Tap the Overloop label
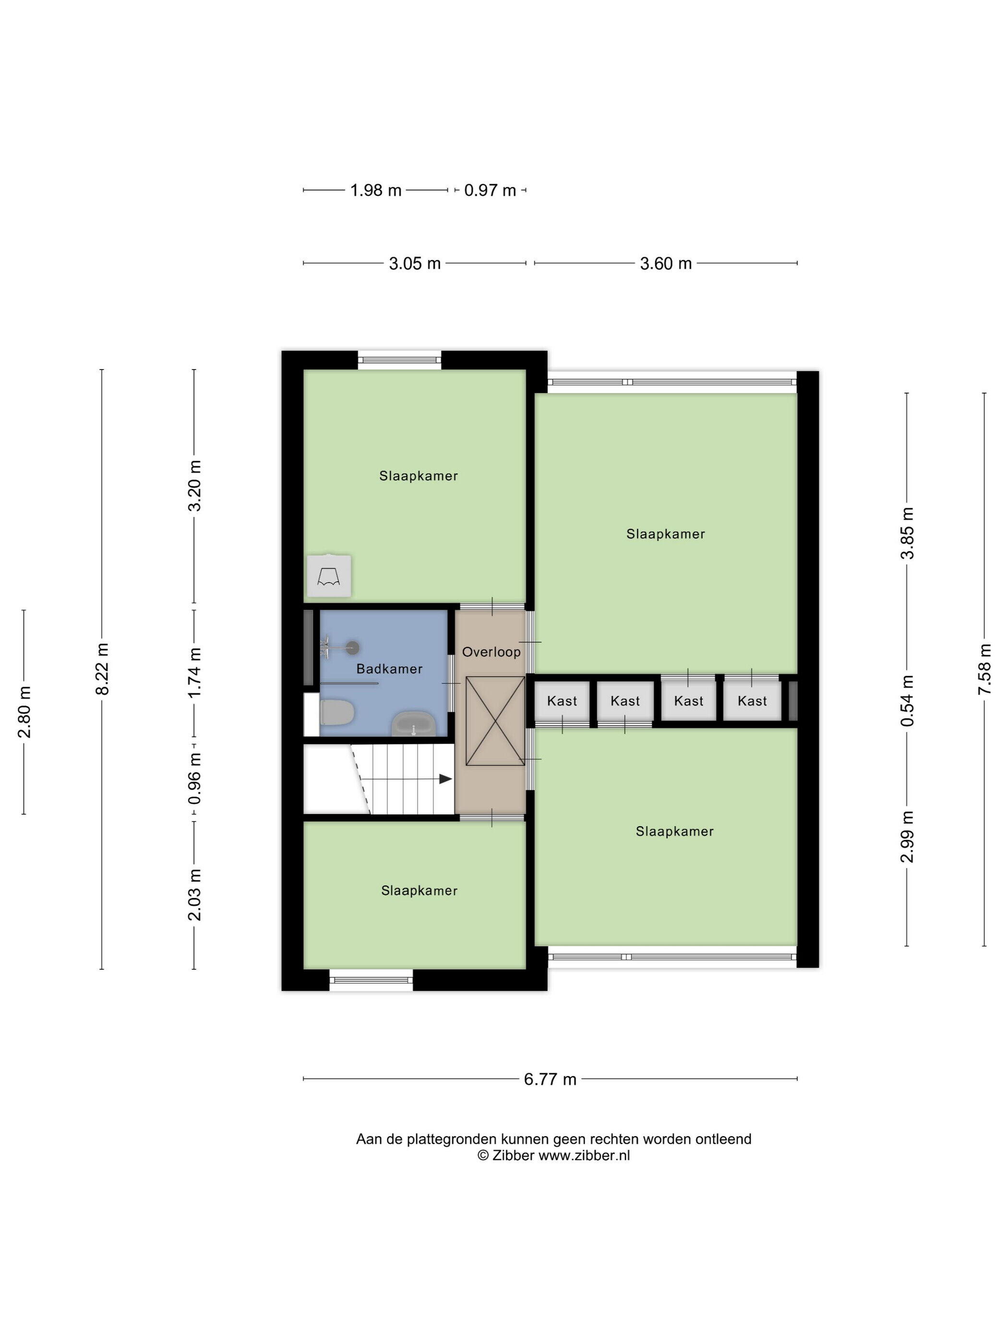491,652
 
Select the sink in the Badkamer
414,724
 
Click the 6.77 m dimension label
550,1079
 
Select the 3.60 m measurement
665,264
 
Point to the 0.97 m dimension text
490,190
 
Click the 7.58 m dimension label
985,669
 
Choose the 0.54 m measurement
907,700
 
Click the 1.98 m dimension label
375,190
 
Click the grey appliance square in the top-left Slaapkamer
329,576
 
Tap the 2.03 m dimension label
194,894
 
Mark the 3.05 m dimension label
414,264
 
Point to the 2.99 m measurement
907,837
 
